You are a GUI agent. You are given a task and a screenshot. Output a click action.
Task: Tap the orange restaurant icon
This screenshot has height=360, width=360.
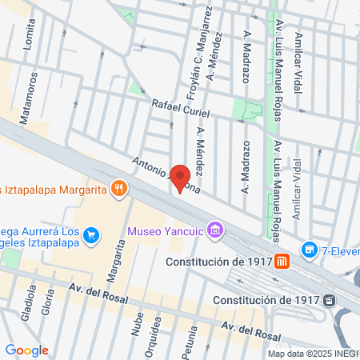pyautogui.click(x=118, y=189)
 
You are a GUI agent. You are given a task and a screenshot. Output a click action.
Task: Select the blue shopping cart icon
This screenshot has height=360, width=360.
pyautogui.click(x=92, y=234)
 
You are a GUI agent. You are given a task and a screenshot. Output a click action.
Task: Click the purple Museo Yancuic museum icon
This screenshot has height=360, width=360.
pyautogui.click(x=214, y=231)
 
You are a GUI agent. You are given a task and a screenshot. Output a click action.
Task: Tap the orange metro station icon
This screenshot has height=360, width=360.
pyautogui.click(x=282, y=261)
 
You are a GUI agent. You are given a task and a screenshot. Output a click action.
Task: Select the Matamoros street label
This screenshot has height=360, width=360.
pyautogui.click(x=33, y=92)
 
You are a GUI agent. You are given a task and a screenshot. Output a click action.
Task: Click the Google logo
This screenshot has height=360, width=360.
pyautogui.click(x=26, y=350)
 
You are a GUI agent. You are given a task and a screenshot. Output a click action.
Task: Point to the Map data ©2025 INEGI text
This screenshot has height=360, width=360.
pyautogui.click(x=313, y=353)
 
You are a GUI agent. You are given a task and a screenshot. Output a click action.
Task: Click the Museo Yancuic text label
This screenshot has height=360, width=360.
pyautogui.click(x=164, y=233)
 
